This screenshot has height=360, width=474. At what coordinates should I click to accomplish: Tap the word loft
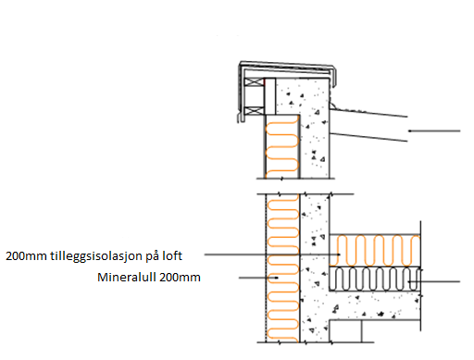pyautogui.click(x=172, y=255)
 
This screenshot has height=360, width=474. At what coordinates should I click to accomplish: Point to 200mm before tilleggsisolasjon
pyautogui.click(x=26, y=256)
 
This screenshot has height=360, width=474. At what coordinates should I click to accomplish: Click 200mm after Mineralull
pyautogui.click(x=181, y=278)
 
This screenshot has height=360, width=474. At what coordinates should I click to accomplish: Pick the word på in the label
pyautogui.click(x=153, y=256)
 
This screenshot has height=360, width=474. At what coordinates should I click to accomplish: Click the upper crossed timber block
pyautogui.click(x=255, y=82)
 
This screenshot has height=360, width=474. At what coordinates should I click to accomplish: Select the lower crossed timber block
pyautogui.click(x=255, y=110)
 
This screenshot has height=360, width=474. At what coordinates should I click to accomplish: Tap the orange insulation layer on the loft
pyautogui.click(x=375, y=251)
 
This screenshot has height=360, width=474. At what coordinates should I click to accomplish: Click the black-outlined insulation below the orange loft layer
pyautogui.click(x=375, y=279)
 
